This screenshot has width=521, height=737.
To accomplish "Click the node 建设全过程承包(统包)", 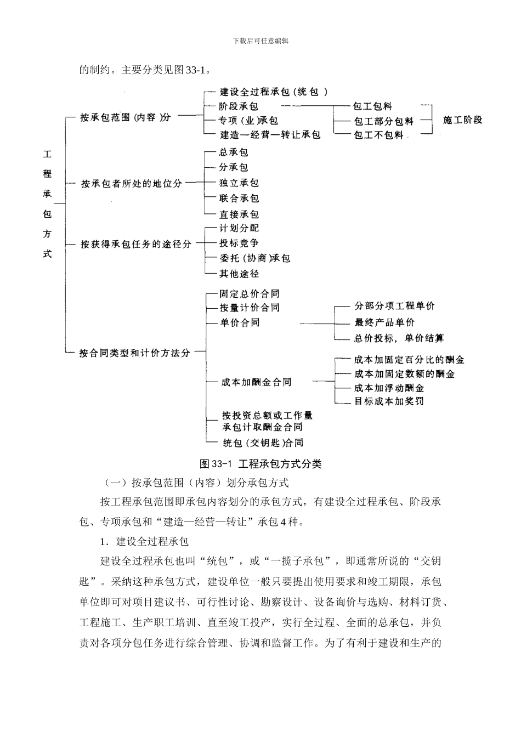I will coord(274,92).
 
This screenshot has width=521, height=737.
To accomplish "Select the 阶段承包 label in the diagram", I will coord(239,106).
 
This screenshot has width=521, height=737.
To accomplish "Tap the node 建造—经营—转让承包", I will coord(270,134).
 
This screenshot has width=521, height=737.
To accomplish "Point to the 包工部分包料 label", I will coord(383,121).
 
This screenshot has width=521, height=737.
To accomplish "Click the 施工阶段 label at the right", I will coord(463,120).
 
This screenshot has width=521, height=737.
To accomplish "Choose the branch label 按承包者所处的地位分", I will coord(132,184).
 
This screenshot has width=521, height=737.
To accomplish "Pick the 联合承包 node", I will coord(239,199).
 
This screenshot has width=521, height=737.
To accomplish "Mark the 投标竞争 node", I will coord(239,243).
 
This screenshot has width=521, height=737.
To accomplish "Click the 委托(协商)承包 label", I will coord(254,258).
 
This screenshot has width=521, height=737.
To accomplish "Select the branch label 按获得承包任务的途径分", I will coord(136,244).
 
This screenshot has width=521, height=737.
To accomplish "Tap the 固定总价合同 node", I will coord(250,294).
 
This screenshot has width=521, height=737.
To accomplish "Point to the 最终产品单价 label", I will coord(384,322).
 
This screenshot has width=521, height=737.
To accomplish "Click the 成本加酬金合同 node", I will coord(256,382).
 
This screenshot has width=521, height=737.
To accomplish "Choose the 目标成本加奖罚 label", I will coord(389,401).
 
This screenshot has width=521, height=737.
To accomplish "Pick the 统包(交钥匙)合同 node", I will coord(263,443).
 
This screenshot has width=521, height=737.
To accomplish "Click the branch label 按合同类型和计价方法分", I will coord(134,353).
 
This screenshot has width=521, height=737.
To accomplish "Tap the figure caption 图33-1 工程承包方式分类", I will coord(261,464).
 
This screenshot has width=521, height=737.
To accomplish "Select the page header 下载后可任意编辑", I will coord(260,41).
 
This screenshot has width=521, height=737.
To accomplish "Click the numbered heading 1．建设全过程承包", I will coord(144,542).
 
